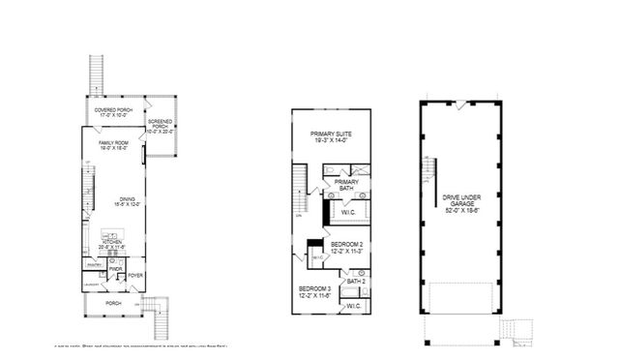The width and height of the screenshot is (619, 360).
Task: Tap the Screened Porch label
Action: (160, 127)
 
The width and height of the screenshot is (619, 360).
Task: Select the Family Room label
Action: (113, 146)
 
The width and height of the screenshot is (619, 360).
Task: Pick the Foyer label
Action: (136, 274)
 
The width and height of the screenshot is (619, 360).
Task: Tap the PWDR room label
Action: (115, 269)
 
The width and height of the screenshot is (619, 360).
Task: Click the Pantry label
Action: (95, 264)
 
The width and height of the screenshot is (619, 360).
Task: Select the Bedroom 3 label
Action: (315, 292)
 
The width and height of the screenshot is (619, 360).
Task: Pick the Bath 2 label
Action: (356, 281)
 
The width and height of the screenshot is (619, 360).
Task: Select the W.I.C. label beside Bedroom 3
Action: (353, 305)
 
